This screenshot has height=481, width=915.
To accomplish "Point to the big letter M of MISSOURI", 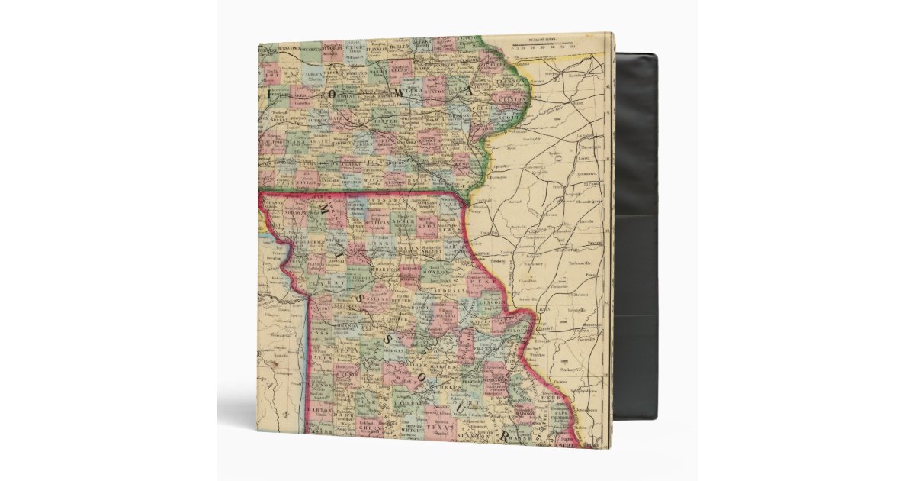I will [x=326, y=211].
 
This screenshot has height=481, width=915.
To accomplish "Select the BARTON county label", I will [x=323, y=409].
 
